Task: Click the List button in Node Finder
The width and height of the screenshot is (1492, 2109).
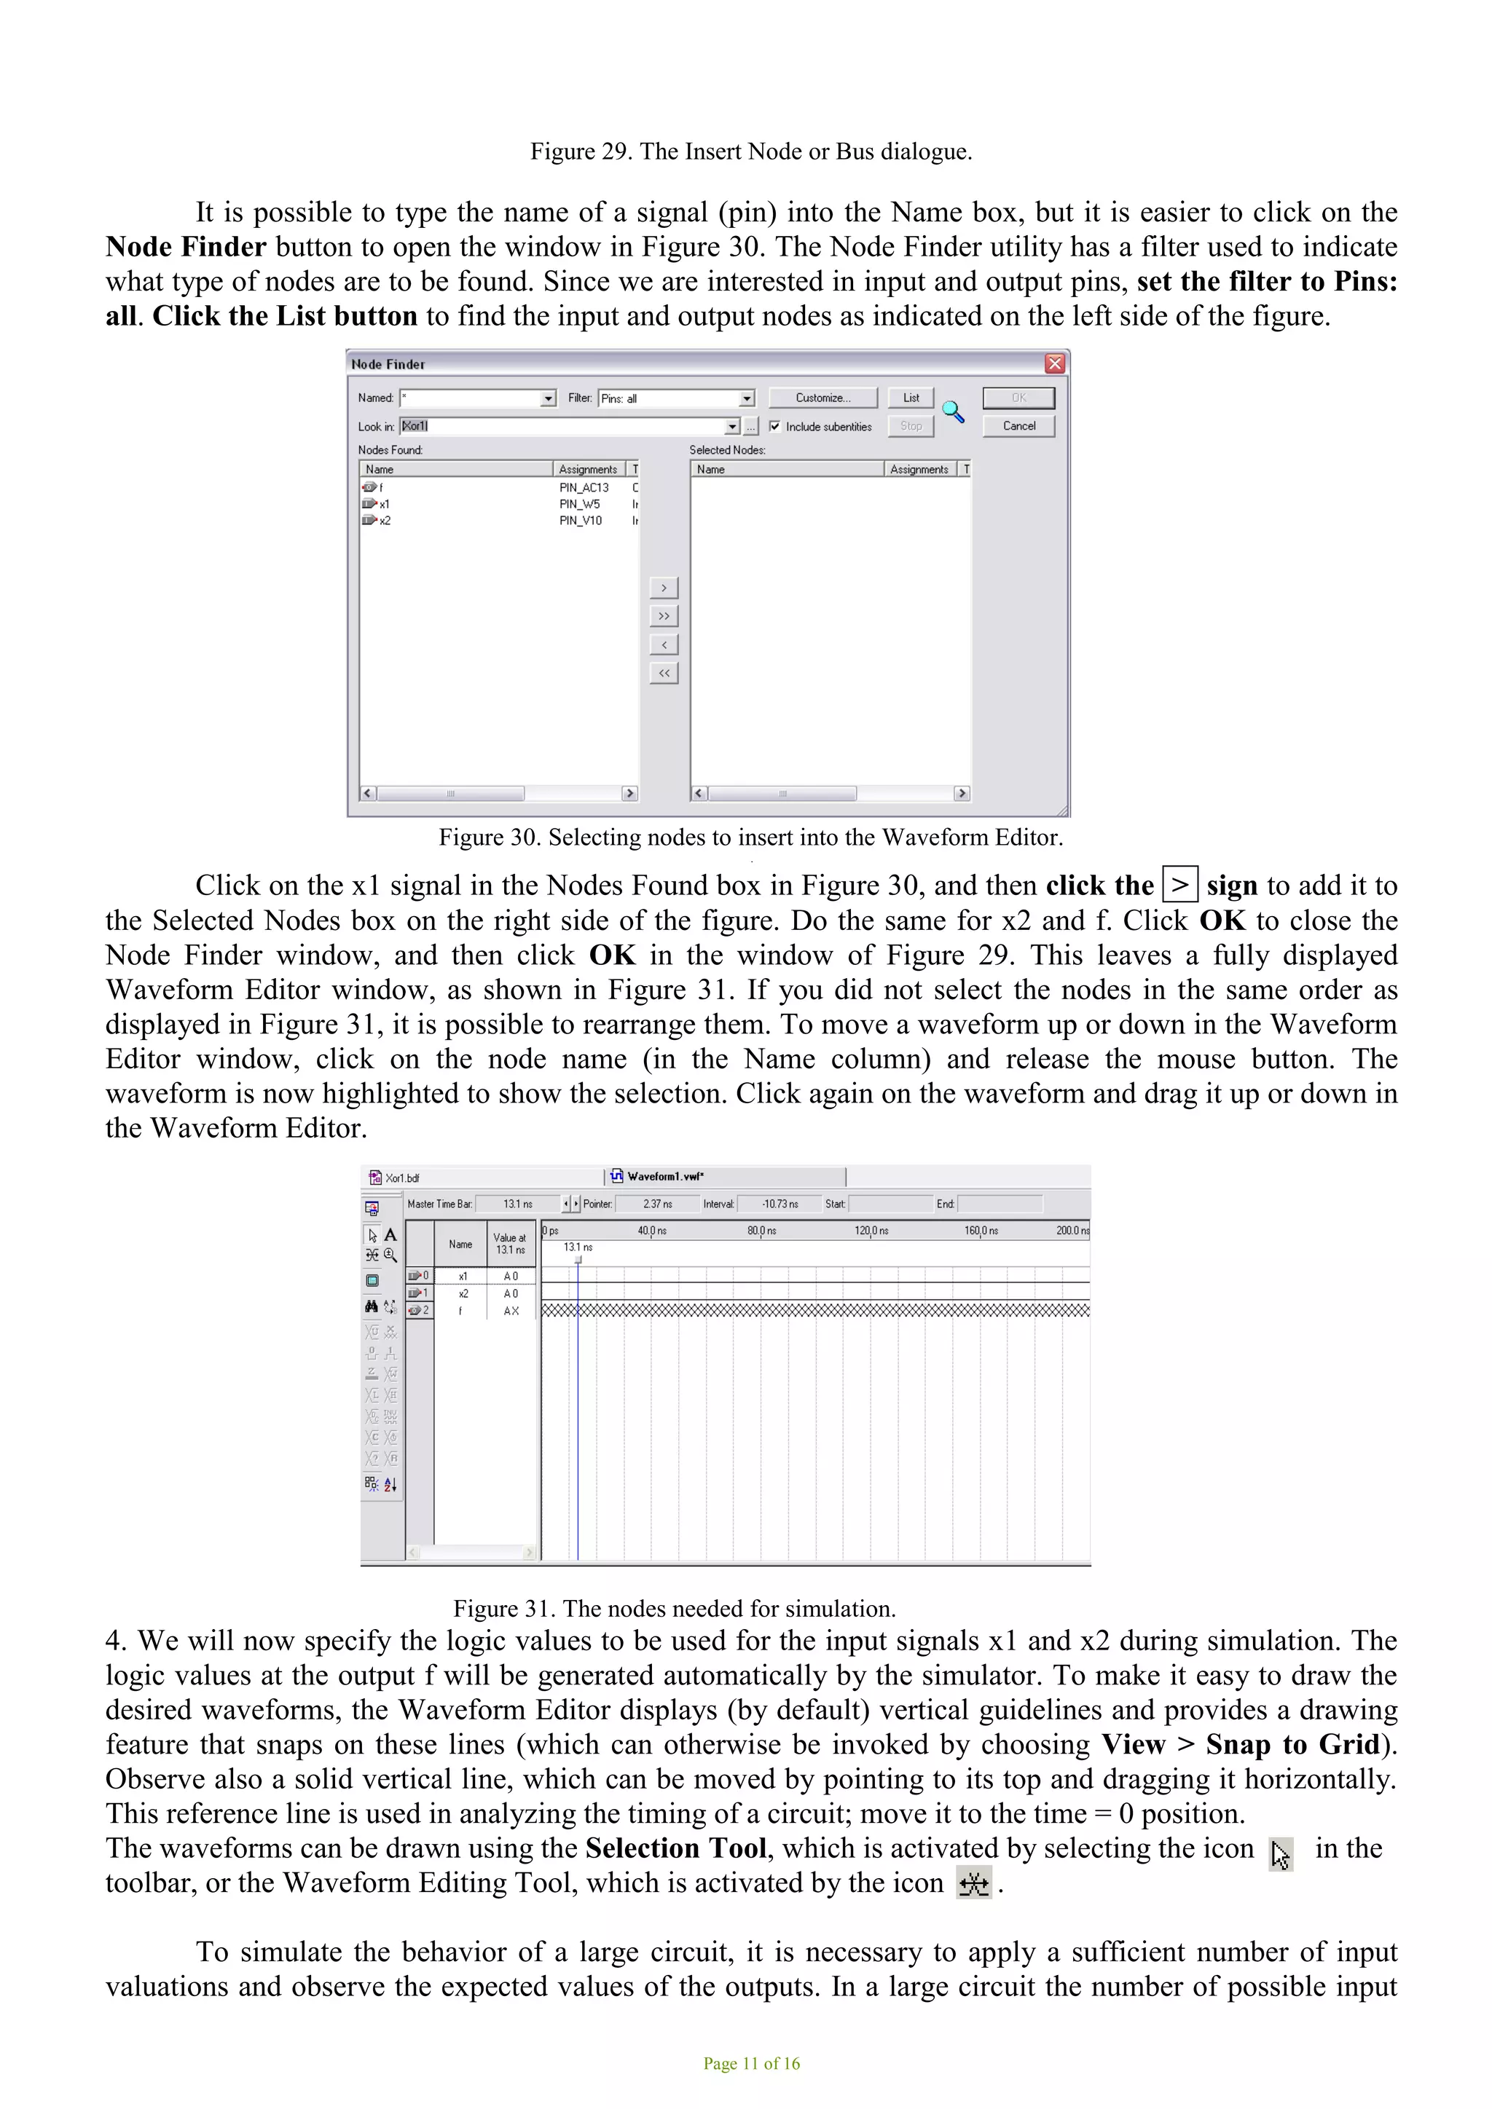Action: [x=911, y=398]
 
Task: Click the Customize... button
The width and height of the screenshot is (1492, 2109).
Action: [x=822, y=398]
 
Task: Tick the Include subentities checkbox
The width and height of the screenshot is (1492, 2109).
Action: [x=774, y=426]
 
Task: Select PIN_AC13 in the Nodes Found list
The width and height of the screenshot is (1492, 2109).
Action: [x=584, y=488]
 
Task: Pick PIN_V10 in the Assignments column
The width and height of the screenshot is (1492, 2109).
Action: [x=580, y=521]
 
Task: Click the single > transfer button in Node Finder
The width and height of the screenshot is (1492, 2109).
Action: [x=664, y=588]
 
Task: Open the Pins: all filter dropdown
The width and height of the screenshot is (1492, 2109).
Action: [x=747, y=398]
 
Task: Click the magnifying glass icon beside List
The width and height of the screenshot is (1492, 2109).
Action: [x=953, y=411]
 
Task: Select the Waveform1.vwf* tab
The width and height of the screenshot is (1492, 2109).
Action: [x=665, y=1177]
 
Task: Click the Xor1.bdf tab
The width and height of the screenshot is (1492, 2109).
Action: [x=401, y=1178]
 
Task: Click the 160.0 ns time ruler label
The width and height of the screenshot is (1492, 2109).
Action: [x=981, y=1231]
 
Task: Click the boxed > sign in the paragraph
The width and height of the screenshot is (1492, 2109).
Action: [x=1179, y=886]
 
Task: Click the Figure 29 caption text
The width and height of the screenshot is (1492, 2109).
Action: [x=750, y=151]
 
